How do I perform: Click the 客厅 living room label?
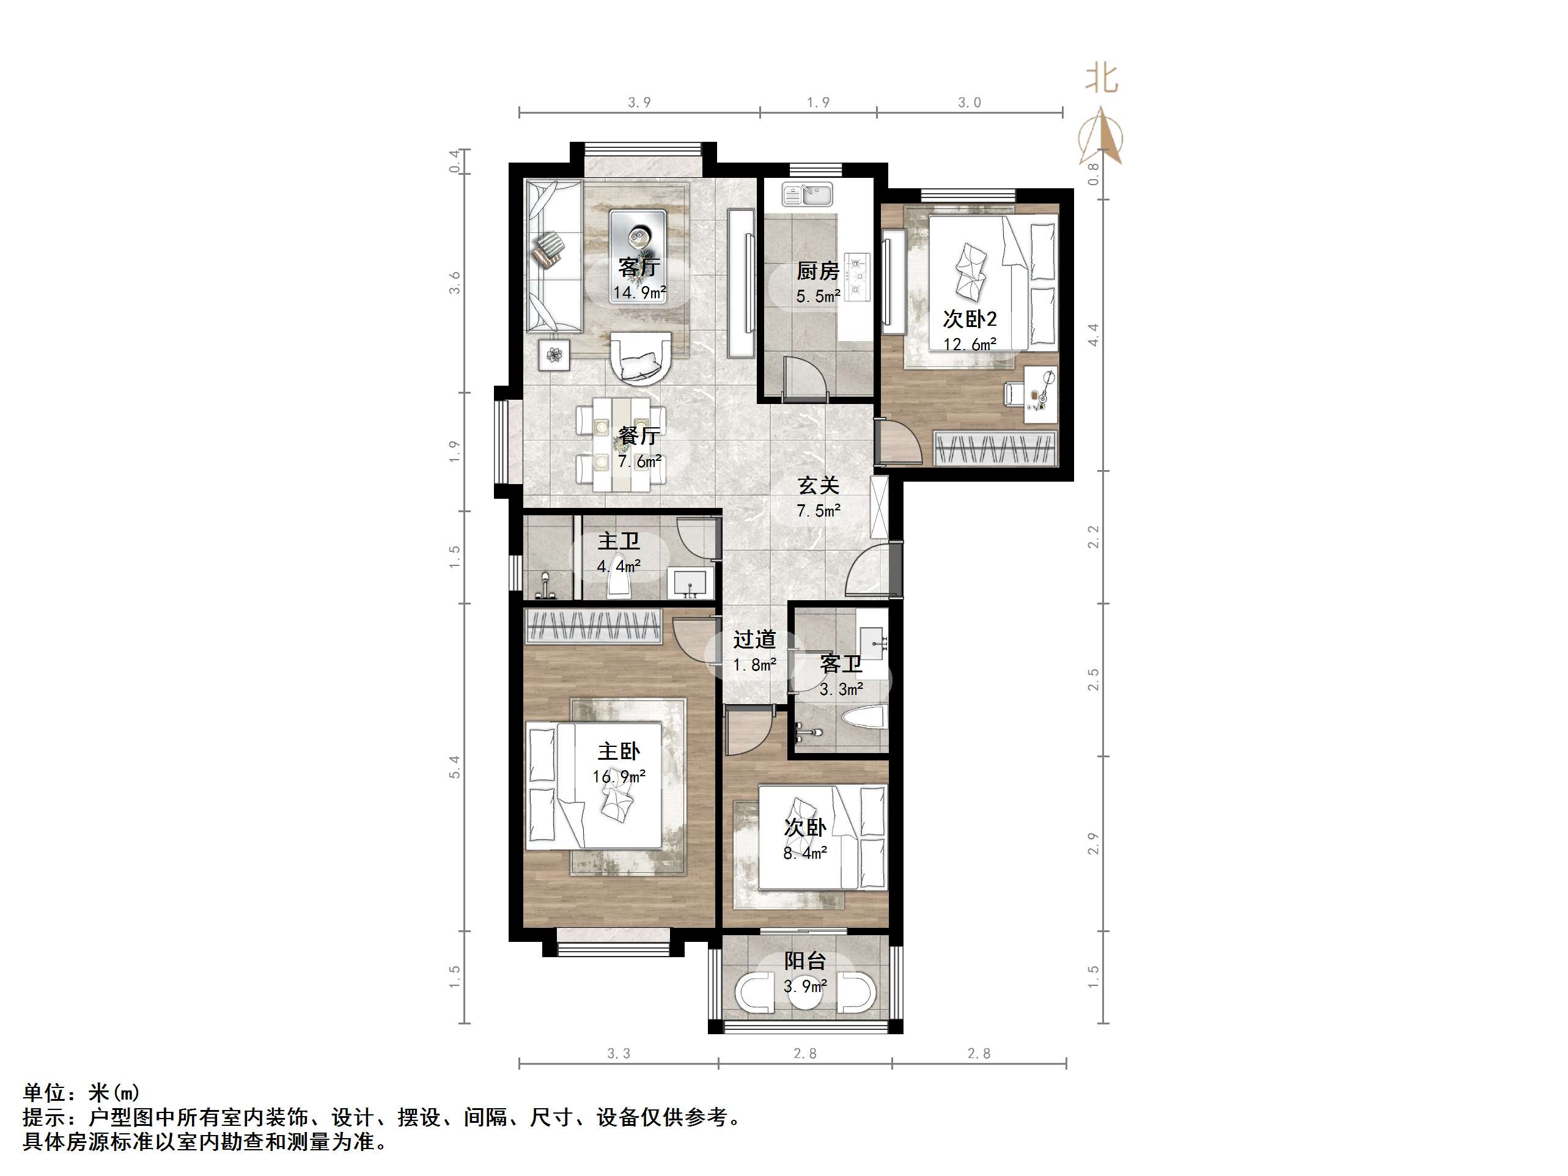639,267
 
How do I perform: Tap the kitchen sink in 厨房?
808,194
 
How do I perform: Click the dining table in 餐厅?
622,444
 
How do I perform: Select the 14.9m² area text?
639,293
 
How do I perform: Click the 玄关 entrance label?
818,485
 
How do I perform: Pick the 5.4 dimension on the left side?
454,767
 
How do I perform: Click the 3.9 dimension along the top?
639,103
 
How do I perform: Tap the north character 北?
1102,79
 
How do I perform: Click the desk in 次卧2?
1040,394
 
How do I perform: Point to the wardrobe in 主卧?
592,625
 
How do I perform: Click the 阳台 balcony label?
805,961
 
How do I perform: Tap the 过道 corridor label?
754,640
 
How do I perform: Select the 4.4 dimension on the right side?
1094,334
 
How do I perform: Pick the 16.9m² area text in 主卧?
619,777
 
